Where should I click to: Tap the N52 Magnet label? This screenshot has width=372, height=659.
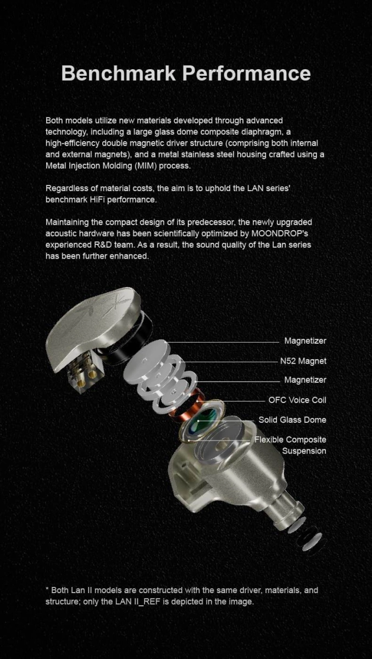[x=303, y=361]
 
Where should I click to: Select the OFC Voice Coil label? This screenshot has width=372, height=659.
[x=297, y=400]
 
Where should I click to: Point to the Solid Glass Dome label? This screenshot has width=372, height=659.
[x=292, y=420]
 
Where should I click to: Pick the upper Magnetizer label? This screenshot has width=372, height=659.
[x=305, y=340]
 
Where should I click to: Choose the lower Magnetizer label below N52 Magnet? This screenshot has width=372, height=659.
[x=305, y=380]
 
